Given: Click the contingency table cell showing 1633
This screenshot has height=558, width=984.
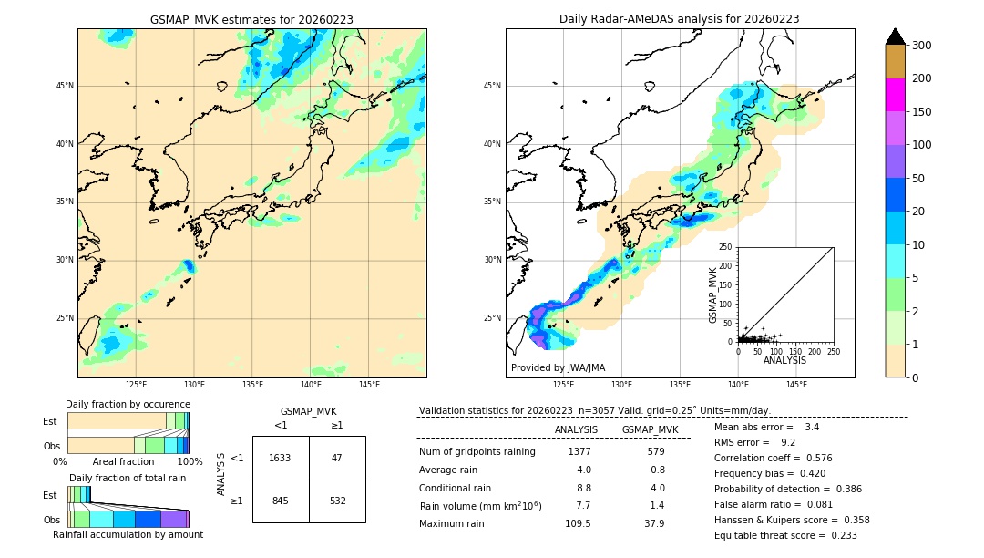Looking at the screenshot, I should (281, 458).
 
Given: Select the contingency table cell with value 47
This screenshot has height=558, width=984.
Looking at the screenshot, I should (337, 458).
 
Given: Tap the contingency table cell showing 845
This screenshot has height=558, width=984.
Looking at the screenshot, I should (281, 500).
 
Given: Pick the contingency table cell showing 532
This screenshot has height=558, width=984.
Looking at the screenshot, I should (337, 500).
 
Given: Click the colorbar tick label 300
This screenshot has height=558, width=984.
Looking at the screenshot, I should (920, 46).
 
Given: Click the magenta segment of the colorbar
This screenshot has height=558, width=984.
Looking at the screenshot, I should (895, 95).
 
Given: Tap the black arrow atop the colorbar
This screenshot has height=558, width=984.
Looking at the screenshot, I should (895, 36).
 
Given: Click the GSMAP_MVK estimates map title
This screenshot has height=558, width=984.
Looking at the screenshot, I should (251, 19).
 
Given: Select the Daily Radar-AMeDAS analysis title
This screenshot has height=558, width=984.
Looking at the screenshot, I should (680, 19).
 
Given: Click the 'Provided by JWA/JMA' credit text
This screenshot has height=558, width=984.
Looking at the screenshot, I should (558, 368).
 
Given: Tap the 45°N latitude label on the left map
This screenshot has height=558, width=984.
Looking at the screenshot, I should (65, 86).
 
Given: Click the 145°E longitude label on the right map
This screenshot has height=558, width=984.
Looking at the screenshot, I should (796, 385).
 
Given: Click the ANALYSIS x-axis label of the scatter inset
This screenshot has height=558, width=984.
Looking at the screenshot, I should (784, 360).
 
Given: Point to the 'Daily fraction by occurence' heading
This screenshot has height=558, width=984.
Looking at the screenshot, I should (128, 404).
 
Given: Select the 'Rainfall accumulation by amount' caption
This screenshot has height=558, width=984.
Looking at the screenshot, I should (128, 534).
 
